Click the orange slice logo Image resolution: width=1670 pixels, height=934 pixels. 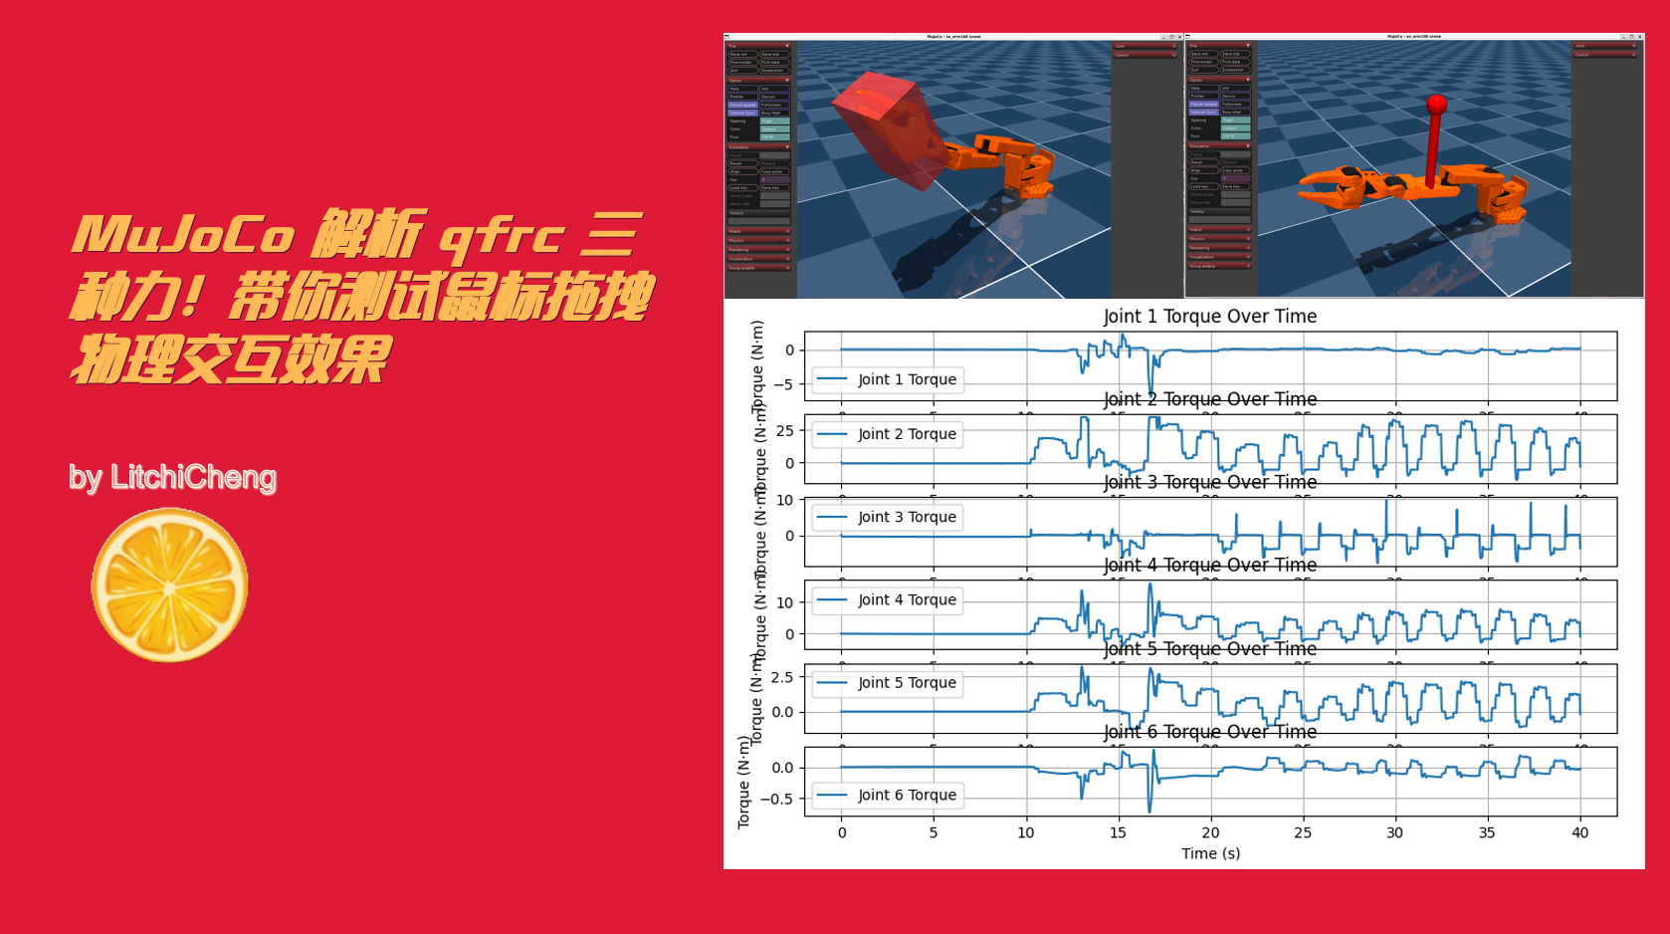click(169, 585)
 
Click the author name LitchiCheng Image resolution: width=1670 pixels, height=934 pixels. click(193, 478)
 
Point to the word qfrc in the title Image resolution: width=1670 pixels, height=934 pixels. click(502, 237)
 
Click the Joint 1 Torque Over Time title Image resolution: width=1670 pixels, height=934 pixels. click(1209, 317)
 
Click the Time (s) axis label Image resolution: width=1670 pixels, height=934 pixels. click(1210, 853)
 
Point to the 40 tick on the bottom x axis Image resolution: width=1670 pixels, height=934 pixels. click(1579, 832)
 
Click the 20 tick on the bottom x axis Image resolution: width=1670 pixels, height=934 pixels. click(1210, 832)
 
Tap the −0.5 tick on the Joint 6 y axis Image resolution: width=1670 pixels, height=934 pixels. click(777, 799)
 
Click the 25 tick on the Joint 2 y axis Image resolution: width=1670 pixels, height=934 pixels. click(785, 431)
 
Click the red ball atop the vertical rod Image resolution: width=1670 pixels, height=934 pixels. click(1435, 104)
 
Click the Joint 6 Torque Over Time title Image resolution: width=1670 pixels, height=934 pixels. click(1209, 732)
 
